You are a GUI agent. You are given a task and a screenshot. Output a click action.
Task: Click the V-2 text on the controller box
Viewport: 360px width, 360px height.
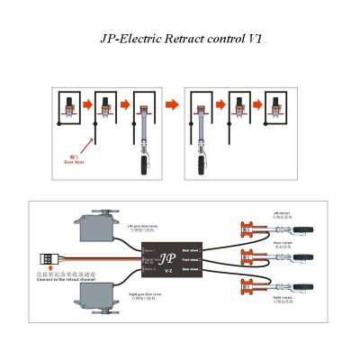click(x=168, y=269)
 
